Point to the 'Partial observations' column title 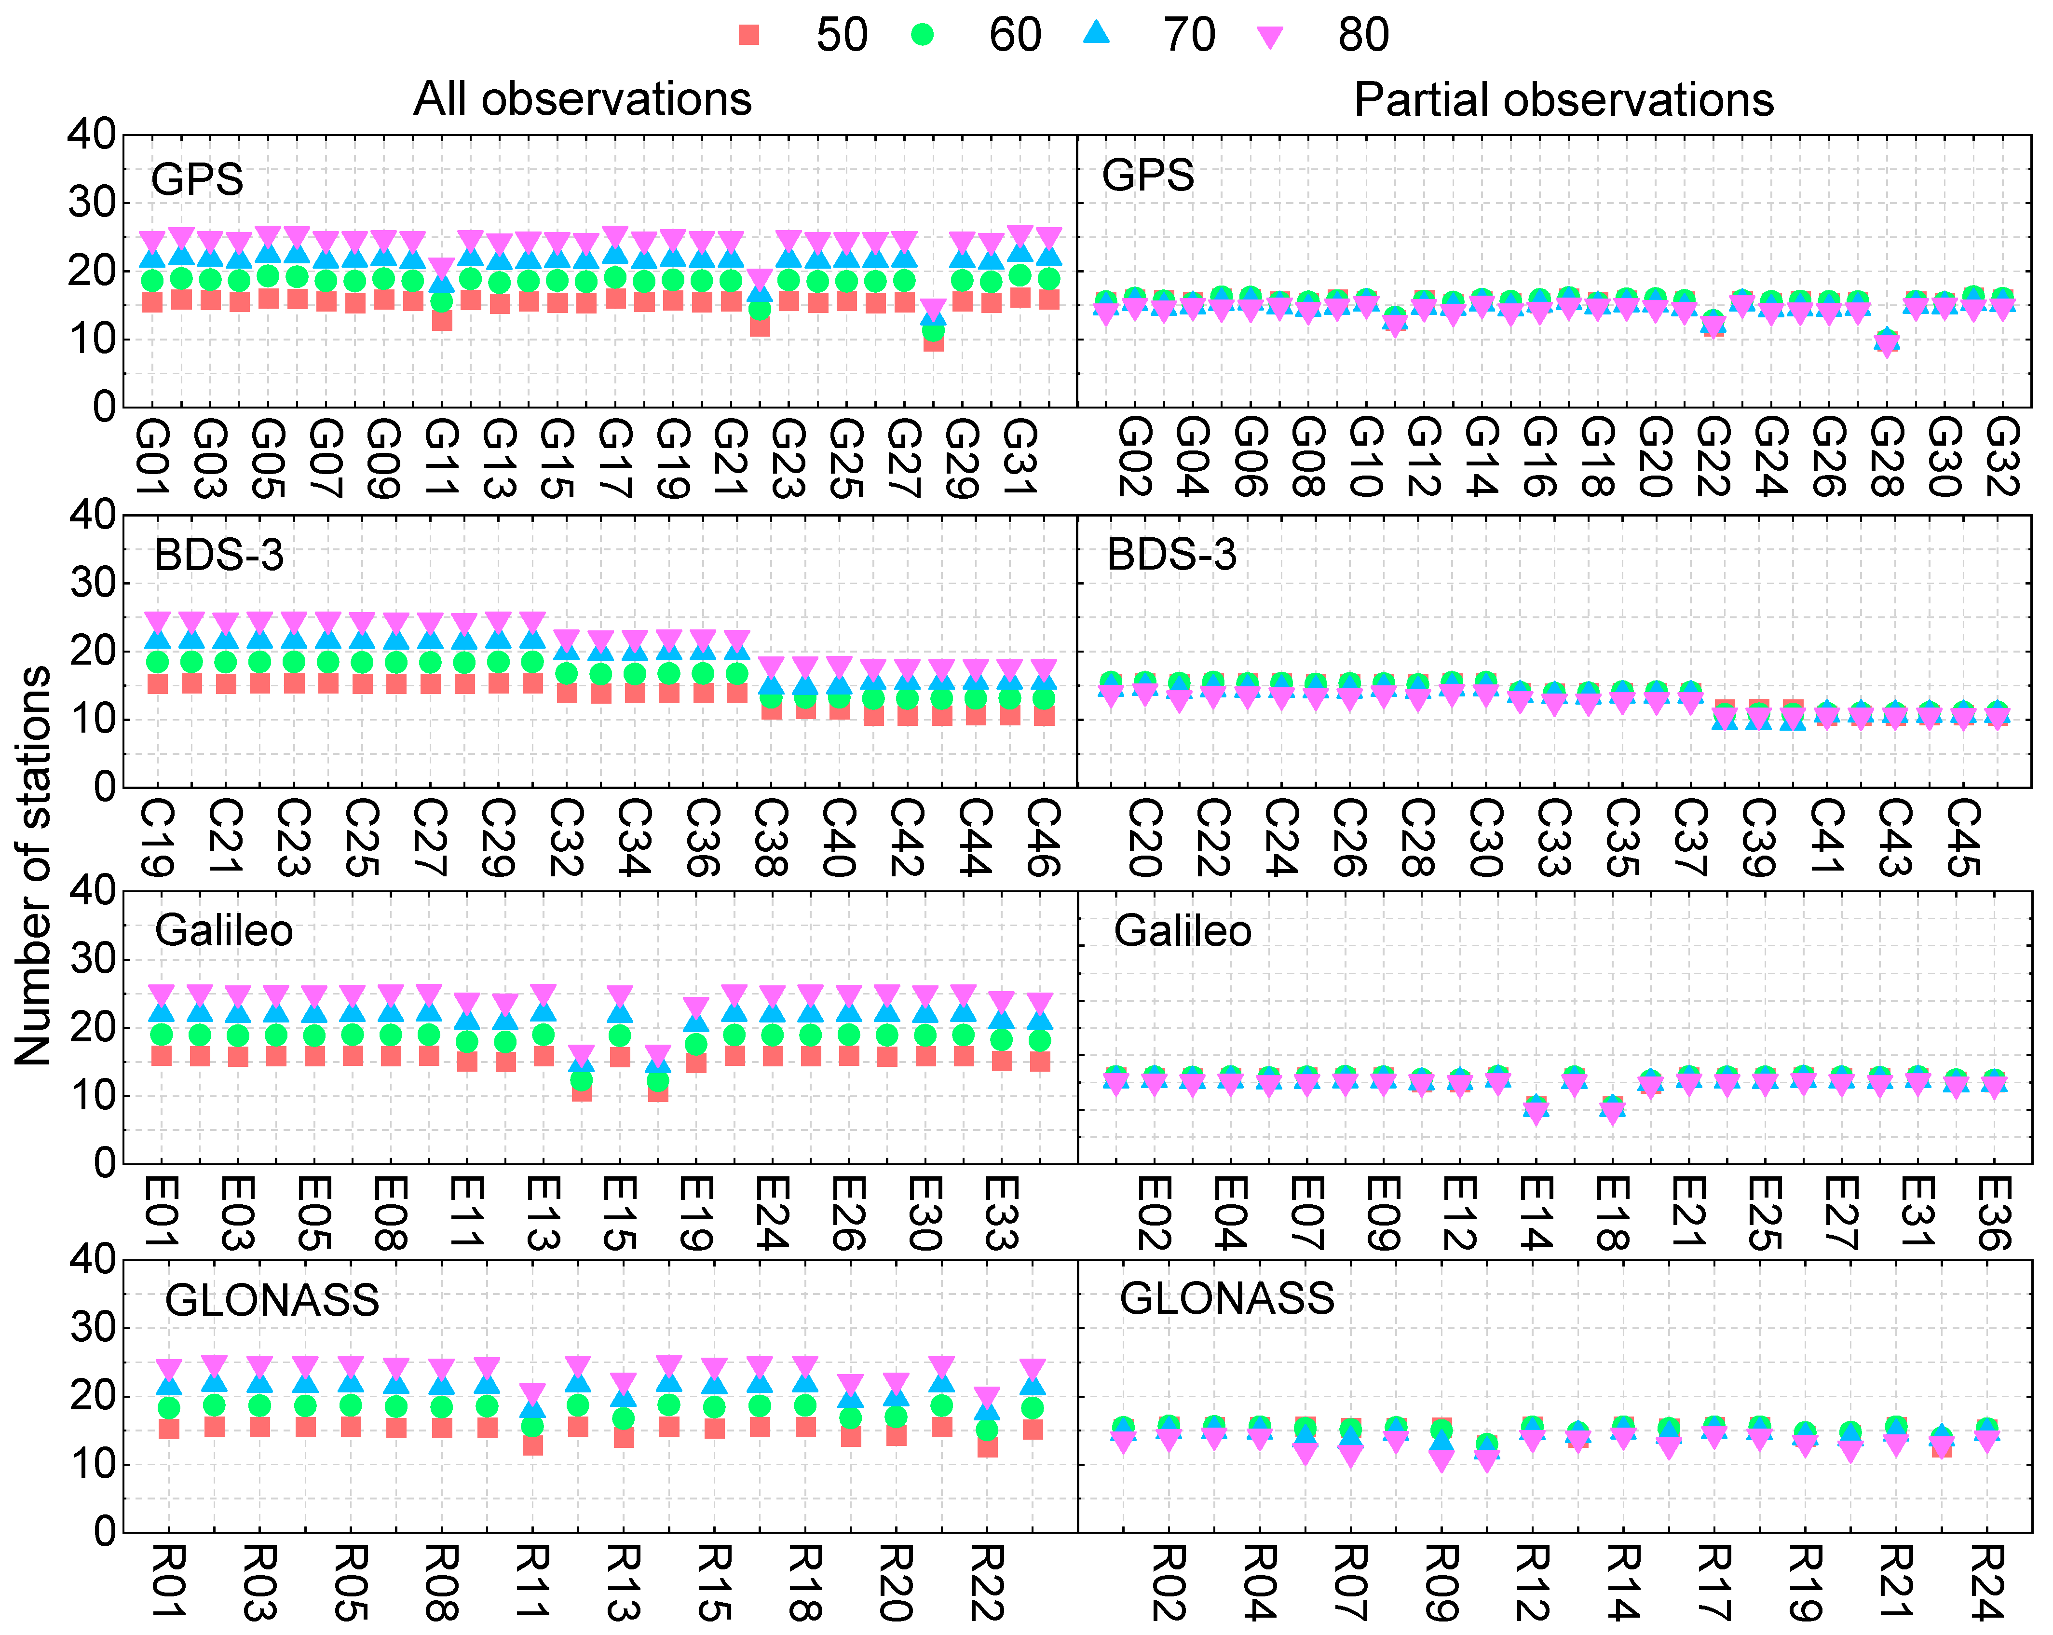pos(1564,99)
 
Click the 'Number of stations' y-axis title pos(34,865)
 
